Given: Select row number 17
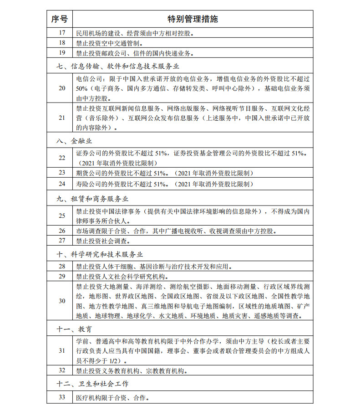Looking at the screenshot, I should click(x=62, y=33).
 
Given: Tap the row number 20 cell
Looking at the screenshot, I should click(x=62, y=88).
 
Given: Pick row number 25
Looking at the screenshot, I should click(x=62, y=216).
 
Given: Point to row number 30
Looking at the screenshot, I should click(x=62, y=301).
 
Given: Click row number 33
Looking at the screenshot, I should click(x=62, y=397).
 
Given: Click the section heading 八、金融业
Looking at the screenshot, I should click(x=75, y=141).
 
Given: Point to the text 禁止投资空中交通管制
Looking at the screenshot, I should click(x=109, y=43).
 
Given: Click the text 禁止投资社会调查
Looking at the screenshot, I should click(x=103, y=241).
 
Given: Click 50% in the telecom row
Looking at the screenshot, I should click(x=82, y=88).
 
